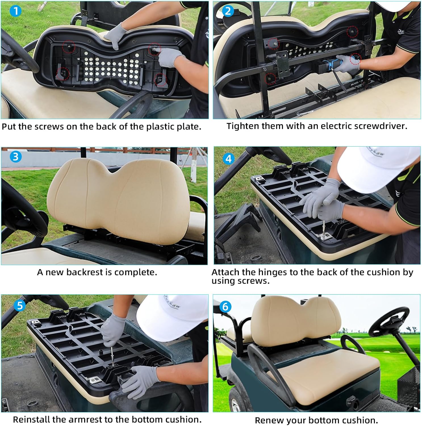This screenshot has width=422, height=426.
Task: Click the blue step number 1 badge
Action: pyautogui.click(x=16, y=11)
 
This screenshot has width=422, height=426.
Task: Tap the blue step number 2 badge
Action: pyautogui.click(x=228, y=11)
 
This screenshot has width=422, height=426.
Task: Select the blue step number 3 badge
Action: pyautogui.click(x=16, y=156)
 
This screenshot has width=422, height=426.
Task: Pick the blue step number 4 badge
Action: pyautogui.click(x=228, y=159)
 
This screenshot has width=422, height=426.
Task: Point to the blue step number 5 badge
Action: pyautogui.click(x=20, y=306)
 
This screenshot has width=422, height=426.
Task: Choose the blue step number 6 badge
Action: pyautogui.click(x=225, y=307)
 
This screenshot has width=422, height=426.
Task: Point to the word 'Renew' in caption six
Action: pyautogui.click(x=268, y=420)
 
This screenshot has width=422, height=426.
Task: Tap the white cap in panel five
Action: pyautogui.click(x=170, y=318)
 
